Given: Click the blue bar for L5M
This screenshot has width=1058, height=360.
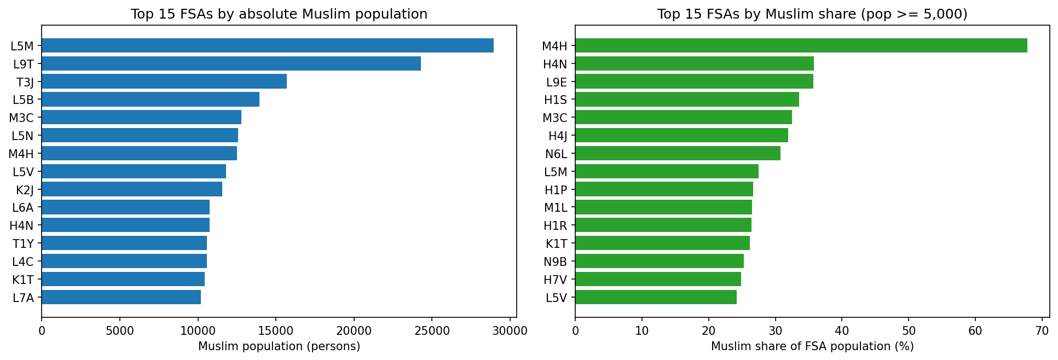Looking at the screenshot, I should (267, 45).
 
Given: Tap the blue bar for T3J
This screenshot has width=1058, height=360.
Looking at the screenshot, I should (164, 82).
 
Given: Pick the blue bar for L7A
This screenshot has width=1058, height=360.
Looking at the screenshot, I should (121, 297).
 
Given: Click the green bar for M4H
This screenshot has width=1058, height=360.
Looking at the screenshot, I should (801, 45).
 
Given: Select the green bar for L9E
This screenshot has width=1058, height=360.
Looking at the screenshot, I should (694, 82).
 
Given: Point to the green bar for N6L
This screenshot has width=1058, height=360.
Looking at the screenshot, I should (678, 153).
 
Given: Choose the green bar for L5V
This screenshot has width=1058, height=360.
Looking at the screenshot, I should (656, 297).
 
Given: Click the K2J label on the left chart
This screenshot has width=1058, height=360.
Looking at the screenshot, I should (25, 190).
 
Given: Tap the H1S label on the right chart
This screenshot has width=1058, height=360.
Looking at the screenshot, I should (556, 100).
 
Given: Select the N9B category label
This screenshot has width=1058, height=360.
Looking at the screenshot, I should (556, 262).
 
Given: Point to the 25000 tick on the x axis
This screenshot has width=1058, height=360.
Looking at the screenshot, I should (431, 330).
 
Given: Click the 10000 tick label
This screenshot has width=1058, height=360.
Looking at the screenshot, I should (198, 330).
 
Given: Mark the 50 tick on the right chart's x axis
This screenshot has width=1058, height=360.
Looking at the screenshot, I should (909, 330).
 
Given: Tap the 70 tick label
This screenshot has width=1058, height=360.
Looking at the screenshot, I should (1042, 330).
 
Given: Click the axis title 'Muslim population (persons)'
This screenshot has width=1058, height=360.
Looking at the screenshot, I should (279, 346).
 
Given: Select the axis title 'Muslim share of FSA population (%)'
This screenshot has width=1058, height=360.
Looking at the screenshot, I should (812, 346).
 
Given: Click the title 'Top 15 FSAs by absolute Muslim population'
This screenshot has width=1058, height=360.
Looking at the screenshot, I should (279, 14).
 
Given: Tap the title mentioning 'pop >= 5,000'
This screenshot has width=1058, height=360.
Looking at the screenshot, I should (812, 14).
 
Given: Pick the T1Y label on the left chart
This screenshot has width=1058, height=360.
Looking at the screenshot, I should (23, 243).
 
